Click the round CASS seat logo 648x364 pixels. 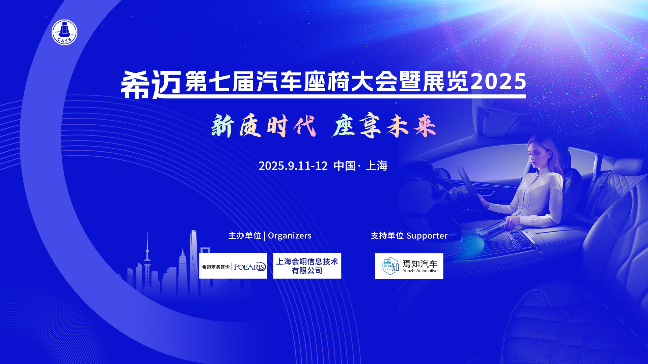tap(64, 32)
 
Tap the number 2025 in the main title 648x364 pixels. tap(498, 82)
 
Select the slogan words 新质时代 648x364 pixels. tap(264, 126)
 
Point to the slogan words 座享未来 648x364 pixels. tap(384, 126)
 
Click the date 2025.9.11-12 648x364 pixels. tap(293, 166)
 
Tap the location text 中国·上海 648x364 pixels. tap(360, 166)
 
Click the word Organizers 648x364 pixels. tap(290, 236)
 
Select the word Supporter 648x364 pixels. tap(427, 236)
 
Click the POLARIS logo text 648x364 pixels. tap(250, 267)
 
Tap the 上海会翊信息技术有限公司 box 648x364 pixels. tap(307, 266)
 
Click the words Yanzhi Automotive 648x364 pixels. tap(420, 271)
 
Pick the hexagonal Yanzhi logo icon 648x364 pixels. tap(390, 266)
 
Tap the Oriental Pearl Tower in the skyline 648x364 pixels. tap(147, 263)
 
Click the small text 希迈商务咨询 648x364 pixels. tap(216, 267)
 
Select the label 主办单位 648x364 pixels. tap(245, 236)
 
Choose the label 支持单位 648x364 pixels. tap(387, 236)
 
